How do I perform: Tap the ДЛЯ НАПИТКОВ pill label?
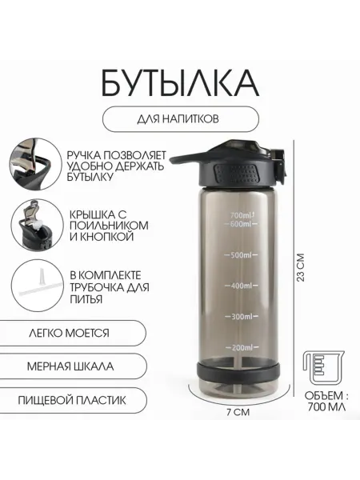coord(181,119)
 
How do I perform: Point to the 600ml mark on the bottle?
coord(242,224)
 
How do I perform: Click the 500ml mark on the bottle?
coord(242,254)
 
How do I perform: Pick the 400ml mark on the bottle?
coord(242,286)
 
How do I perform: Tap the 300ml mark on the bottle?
coord(242,316)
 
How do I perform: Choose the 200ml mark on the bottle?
coord(242,347)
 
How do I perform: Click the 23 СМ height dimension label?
coord(301,267)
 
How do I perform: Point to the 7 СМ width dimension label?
coord(238,412)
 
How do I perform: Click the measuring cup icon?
coord(323,368)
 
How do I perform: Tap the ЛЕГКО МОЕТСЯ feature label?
coord(69,333)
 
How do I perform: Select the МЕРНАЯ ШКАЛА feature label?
coord(70,366)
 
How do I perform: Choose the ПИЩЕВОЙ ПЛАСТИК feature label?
coord(72,400)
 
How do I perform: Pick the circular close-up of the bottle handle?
coord(35,164)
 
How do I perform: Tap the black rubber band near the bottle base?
coord(238,371)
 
